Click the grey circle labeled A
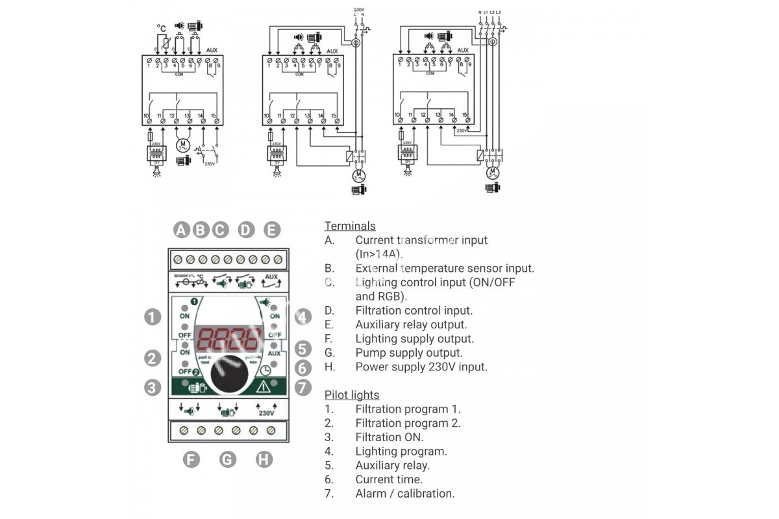click(x=181, y=230)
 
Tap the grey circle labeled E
click(x=271, y=230)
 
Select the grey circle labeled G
click(x=227, y=459)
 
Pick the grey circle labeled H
click(x=264, y=459)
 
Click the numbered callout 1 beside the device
click(x=152, y=317)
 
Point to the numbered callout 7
click(x=303, y=388)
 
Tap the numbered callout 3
click(x=152, y=387)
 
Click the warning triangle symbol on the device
click(x=264, y=387)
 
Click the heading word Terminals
click(x=350, y=226)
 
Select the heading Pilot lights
click(x=351, y=394)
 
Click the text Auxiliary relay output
click(x=411, y=324)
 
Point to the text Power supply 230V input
click(x=421, y=367)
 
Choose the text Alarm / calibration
click(x=404, y=493)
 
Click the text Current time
click(x=388, y=479)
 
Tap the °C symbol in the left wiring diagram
click(x=162, y=28)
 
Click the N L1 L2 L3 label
click(x=491, y=12)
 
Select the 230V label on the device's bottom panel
click(x=266, y=413)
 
